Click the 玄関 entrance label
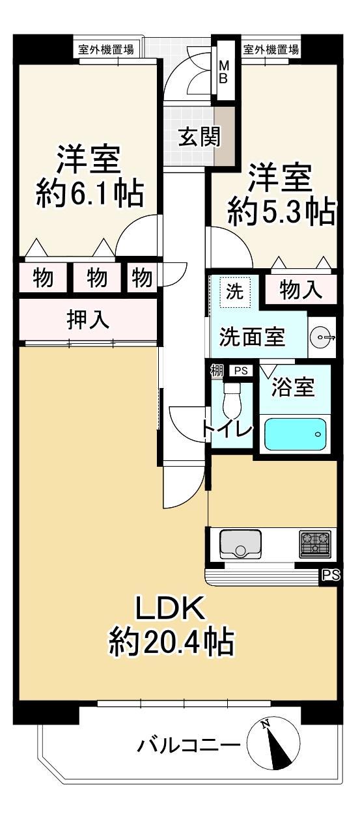pyautogui.click(x=199, y=137)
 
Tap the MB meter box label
pyautogui.click(x=223, y=72)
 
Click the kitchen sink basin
pyautogui.click(x=240, y=544)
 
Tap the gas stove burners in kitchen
pyautogui.click(x=314, y=544)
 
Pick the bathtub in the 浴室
pyautogui.click(x=295, y=434)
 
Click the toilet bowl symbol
pyautogui.click(x=232, y=400)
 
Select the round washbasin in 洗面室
pyautogui.click(x=321, y=337)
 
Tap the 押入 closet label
pyautogui.click(x=88, y=320)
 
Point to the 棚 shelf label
pyautogui.click(x=216, y=371)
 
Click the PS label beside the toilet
pyautogui.click(x=241, y=370)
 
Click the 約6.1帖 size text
pyautogui.click(x=89, y=193)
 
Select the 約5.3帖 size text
pyautogui.click(x=281, y=211)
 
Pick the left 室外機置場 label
pyautogui.click(x=106, y=49)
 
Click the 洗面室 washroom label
pyautogui.click(x=252, y=336)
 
